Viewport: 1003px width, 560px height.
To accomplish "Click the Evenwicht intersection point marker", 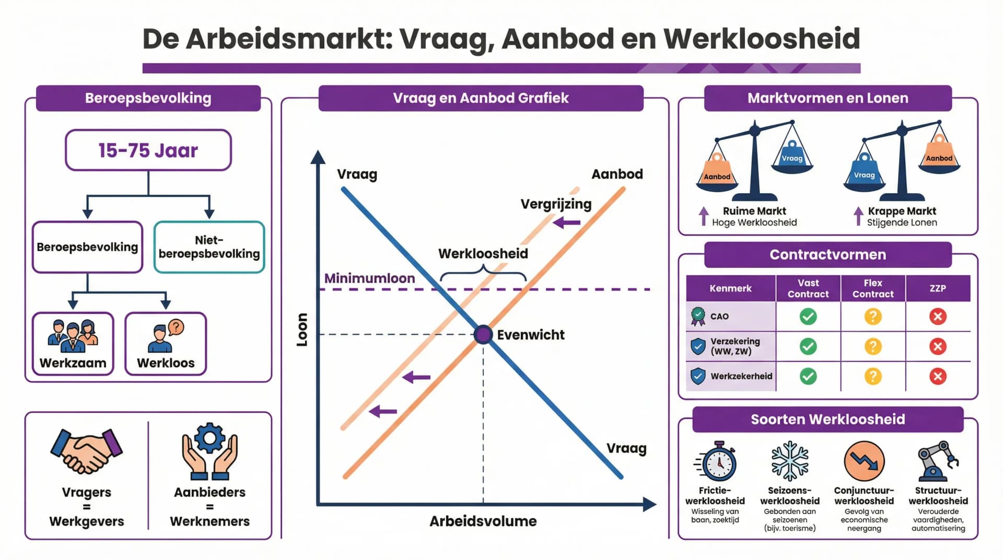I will (483, 334).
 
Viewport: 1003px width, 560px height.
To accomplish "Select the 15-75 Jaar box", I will (148, 150).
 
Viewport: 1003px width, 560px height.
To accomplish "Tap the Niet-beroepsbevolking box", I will (209, 247).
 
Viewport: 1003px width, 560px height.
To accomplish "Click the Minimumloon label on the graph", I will (369, 278).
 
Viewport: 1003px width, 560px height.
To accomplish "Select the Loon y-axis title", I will (302, 330).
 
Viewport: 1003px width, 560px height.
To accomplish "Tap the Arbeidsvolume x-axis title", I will (483, 521).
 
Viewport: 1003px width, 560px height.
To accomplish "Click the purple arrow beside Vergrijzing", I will (567, 223).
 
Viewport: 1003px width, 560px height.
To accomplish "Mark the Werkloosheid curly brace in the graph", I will (483, 273).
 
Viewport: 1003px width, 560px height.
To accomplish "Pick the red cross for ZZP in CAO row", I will (938, 317).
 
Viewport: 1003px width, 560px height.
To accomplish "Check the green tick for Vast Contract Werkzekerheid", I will (808, 376).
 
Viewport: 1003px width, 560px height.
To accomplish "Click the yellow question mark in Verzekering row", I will (873, 346).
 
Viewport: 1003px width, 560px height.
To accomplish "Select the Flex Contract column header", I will (873, 288).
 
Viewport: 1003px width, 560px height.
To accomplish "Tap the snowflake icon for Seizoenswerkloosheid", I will (790, 461).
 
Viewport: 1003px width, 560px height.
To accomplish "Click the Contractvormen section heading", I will (827, 255).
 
